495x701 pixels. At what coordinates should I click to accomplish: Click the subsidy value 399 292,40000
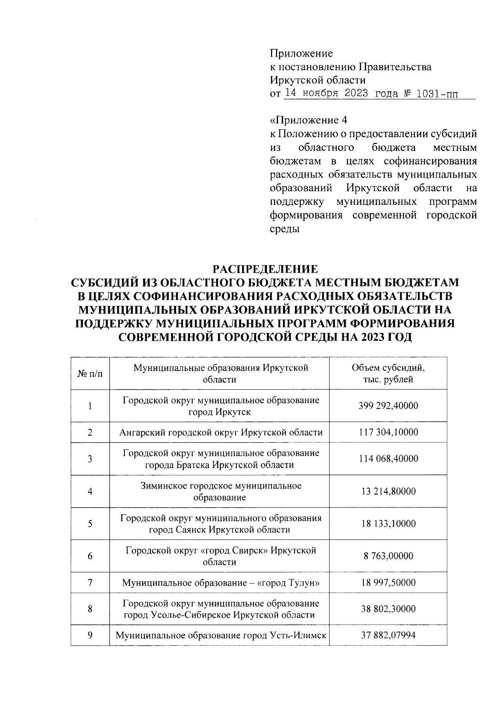pos(388,406)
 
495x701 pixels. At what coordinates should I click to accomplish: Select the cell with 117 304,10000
pos(388,432)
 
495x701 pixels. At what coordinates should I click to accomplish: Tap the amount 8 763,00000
pos(388,556)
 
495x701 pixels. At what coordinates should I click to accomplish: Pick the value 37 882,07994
pos(388,636)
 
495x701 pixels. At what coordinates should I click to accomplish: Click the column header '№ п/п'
pos(90,373)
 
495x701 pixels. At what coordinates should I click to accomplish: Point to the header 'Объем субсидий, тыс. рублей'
pos(388,373)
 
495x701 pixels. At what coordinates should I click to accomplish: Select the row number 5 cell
pos(90,524)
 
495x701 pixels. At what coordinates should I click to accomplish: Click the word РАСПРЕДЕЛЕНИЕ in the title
pos(265,269)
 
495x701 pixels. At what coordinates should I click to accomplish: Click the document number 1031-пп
pos(437,93)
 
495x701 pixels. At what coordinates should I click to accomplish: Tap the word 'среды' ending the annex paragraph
pos(285,229)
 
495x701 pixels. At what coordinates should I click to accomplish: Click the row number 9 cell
pos(90,636)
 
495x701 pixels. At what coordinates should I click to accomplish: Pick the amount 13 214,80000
pos(388,492)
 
